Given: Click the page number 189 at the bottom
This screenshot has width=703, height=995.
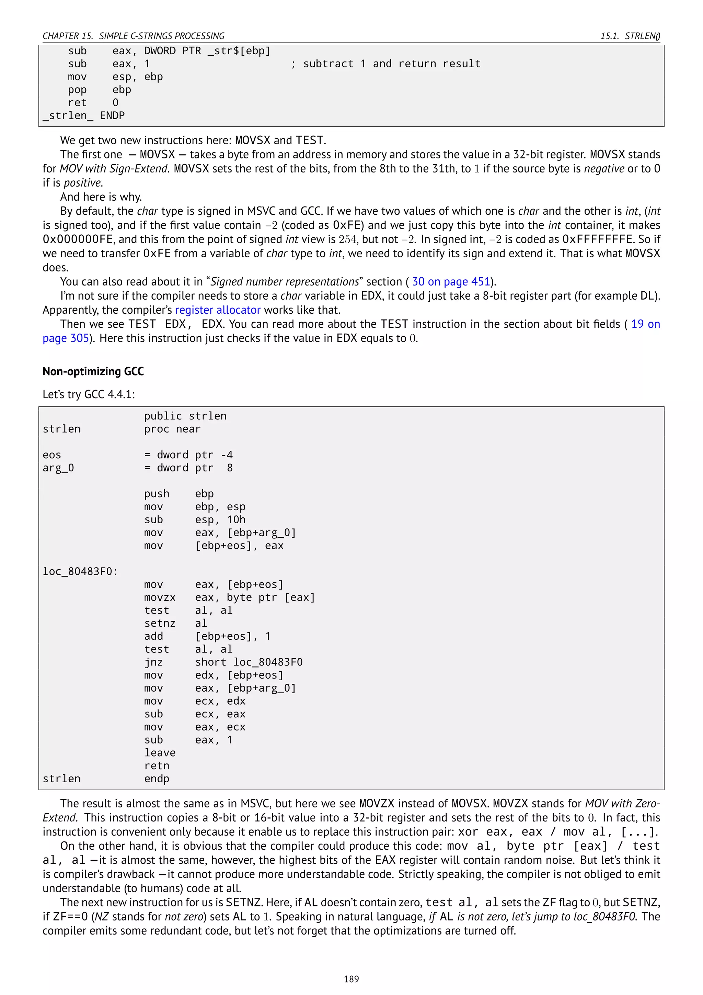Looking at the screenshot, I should point(351,979).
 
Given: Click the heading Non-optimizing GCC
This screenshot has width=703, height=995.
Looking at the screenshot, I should point(93,371).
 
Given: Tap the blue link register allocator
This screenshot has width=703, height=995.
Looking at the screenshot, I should point(218,310).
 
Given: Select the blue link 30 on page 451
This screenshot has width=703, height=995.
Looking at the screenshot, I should point(451,282).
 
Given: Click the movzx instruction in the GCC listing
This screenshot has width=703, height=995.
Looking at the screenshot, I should point(160,597).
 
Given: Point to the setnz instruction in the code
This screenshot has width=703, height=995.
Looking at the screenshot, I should point(160,624).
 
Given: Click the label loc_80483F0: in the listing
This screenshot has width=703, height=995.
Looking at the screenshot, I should point(80,572).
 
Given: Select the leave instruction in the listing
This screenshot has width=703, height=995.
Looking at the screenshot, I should point(160,753).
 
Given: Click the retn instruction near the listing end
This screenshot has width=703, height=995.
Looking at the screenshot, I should point(157,766).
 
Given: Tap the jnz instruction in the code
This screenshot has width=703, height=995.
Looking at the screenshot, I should point(154,662).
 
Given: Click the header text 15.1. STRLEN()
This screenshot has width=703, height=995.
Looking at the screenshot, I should point(630,36).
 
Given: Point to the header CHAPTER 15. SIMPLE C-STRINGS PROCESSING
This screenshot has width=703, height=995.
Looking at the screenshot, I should point(133,36).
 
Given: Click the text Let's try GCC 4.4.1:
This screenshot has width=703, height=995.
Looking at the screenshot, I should point(89,394).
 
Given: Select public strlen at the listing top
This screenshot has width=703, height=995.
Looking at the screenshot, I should point(185,416).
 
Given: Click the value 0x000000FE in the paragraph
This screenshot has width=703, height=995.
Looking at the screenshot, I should point(78,239).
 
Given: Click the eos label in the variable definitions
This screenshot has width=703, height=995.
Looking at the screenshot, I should point(52,455).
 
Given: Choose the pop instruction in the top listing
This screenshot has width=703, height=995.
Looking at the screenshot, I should point(77,90).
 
